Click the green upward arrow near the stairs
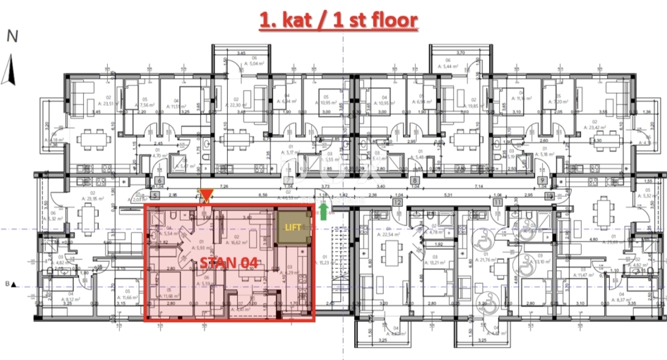(323, 211)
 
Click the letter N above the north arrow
(12, 37)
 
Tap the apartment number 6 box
(160, 181)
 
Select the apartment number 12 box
(397, 203)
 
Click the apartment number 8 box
(415, 181)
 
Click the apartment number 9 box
(542, 181)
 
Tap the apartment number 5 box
(155, 196)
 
